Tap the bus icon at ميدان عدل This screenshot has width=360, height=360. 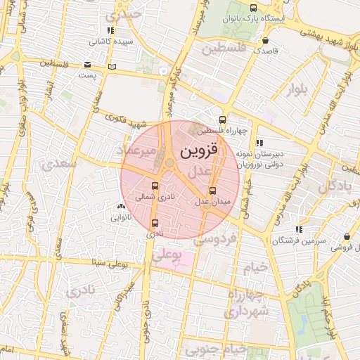click(x=213, y=191)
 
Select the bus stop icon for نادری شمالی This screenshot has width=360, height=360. click(x=155, y=187)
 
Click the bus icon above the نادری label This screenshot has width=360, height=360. click(x=155, y=223)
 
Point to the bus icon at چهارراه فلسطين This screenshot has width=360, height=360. click(x=223, y=120)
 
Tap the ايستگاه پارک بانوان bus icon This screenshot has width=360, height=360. click(x=253, y=8)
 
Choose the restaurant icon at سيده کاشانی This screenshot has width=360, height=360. click(x=110, y=30)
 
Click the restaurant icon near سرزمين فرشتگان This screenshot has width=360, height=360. click(x=300, y=229)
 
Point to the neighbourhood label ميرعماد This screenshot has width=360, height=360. click(x=138, y=151)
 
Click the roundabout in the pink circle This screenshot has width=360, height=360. click(x=171, y=164)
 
